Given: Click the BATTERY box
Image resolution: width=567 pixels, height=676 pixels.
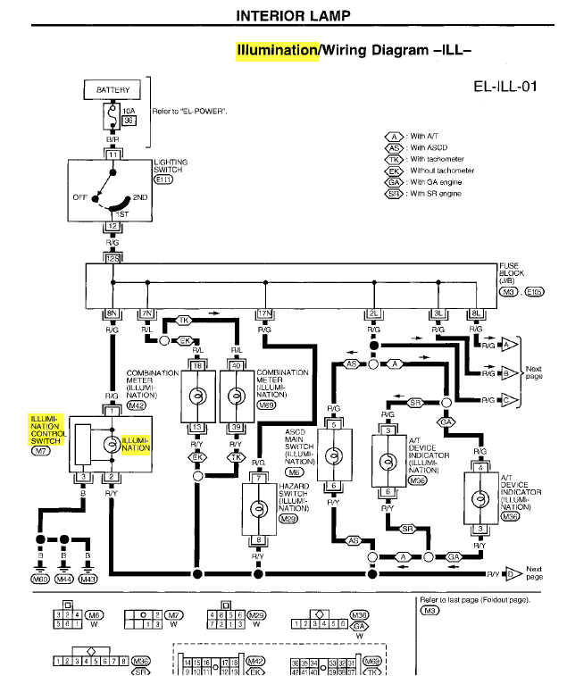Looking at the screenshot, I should [113, 90].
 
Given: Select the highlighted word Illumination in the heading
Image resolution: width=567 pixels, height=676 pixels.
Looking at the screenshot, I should [276, 51].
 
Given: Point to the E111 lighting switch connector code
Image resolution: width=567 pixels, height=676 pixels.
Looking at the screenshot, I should [164, 179].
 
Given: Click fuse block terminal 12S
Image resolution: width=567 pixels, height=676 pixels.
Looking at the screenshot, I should [113, 257].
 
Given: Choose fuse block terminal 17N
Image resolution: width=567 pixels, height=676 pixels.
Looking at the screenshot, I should [264, 313].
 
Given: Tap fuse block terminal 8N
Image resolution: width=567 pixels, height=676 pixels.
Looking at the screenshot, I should [113, 313].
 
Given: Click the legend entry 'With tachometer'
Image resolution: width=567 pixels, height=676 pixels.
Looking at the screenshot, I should [438, 159].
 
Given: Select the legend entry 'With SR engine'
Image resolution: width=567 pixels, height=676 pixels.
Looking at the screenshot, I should [436, 194].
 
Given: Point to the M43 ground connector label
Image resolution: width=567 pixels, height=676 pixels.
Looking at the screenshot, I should [88, 580].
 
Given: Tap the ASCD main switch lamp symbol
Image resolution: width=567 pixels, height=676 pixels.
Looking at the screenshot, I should [333, 455].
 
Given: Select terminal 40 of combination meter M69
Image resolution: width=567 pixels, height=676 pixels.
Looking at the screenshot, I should [237, 366].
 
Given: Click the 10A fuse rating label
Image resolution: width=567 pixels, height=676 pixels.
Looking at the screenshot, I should [128, 112].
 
